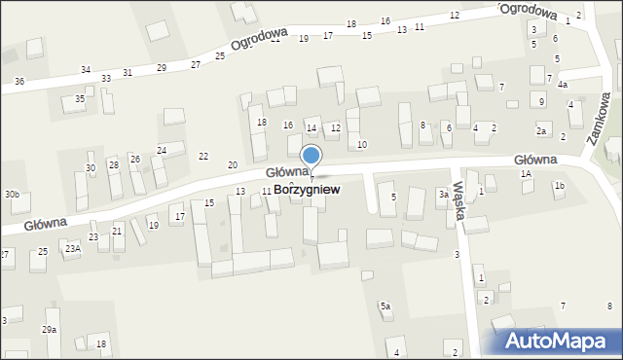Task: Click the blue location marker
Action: pos(311,157)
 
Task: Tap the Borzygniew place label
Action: pos(307,190)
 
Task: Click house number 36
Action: pos(19,81)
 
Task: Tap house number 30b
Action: pos(11,195)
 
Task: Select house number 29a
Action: pos(49,330)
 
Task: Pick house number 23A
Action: pos(72,249)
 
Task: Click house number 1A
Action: pos(526,173)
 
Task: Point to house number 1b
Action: pos(559,185)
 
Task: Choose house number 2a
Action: pos(541,130)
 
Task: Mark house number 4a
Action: pos(563,85)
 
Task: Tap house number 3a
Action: pos(442,195)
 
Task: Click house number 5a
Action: pos(385,306)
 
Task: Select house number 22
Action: pos(203,157)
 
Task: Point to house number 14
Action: pos(311,128)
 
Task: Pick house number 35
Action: pos(80,99)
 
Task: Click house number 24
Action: pos(162,150)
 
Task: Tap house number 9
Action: pos(541,101)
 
